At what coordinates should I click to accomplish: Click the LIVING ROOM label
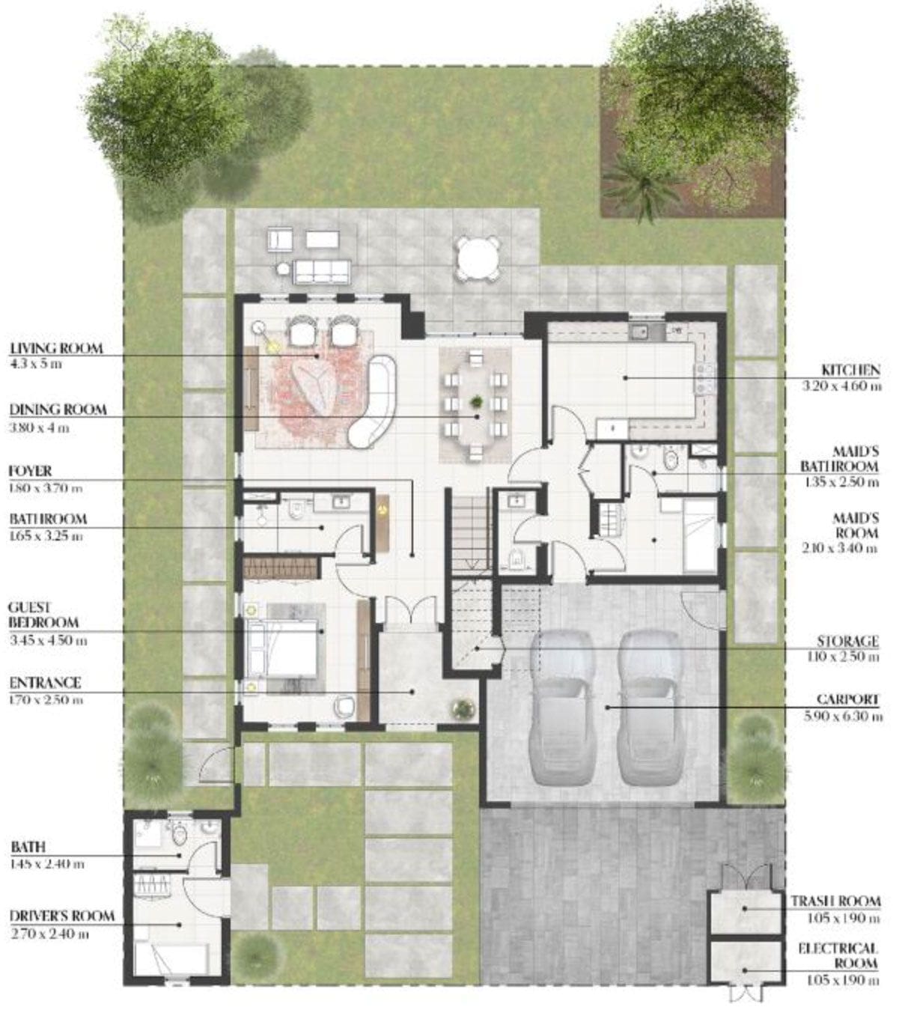[56, 349]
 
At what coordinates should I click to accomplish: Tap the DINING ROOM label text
[58, 410]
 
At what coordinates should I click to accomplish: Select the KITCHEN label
[850, 370]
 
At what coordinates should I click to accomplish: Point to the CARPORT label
[847, 700]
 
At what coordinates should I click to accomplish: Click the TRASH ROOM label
[835, 901]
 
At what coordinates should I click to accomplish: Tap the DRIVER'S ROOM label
[62, 916]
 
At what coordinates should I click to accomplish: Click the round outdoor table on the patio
[478, 256]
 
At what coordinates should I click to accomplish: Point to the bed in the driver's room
[171, 958]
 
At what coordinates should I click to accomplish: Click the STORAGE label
[847, 642]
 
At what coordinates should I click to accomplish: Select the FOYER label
[31, 472]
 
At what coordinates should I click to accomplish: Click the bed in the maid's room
[700, 535]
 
